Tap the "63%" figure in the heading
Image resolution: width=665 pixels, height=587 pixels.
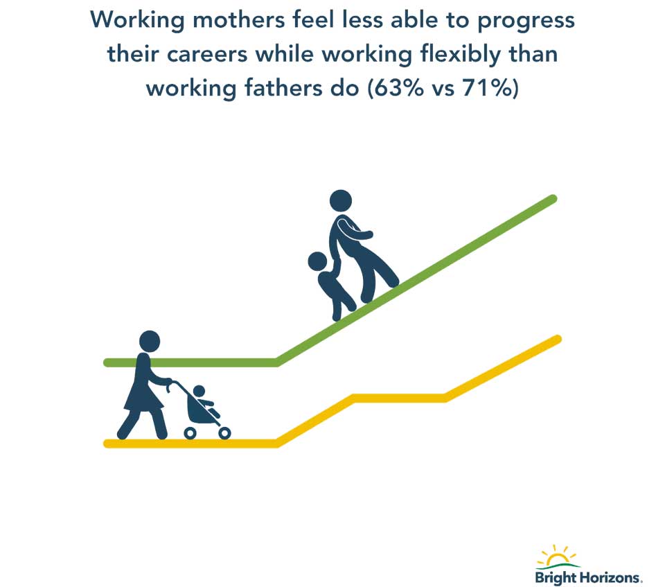point(396,88)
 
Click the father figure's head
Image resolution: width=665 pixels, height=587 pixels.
point(341,201)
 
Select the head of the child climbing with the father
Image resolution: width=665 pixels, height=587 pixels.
point(318,261)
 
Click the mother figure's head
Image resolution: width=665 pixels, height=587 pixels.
point(150,341)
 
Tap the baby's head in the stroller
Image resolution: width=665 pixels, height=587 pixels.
point(199,392)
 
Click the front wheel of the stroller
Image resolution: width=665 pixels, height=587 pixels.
point(224,433)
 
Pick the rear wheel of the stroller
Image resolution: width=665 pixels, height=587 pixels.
point(190,433)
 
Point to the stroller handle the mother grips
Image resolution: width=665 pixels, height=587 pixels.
point(170,385)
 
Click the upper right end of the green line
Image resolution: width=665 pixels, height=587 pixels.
point(553,199)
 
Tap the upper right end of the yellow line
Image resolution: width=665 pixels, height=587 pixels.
point(557,339)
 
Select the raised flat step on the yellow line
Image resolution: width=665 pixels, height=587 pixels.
point(399,398)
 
